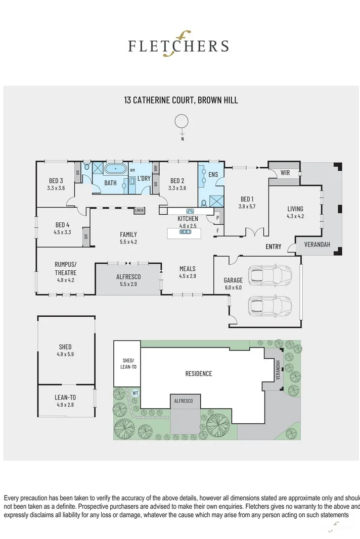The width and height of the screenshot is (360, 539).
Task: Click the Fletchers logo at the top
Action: (x=178, y=45)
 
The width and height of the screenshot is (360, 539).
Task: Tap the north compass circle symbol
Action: (x=181, y=121)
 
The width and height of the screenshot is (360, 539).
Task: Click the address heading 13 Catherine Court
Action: (x=181, y=100)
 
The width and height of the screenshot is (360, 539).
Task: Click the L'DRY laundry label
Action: (x=144, y=178)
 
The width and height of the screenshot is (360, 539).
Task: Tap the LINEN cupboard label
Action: (x=140, y=210)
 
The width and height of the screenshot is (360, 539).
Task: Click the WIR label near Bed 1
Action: (x=285, y=172)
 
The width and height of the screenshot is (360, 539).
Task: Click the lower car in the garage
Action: (x=271, y=305)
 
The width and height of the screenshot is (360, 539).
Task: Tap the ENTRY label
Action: (x=274, y=247)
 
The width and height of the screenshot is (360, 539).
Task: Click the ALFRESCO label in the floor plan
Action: (x=128, y=277)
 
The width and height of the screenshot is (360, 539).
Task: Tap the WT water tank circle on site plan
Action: (x=135, y=393)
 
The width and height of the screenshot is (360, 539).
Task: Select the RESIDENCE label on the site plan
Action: (x=198, y=374)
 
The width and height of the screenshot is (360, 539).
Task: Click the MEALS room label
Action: (x=187, y=269)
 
